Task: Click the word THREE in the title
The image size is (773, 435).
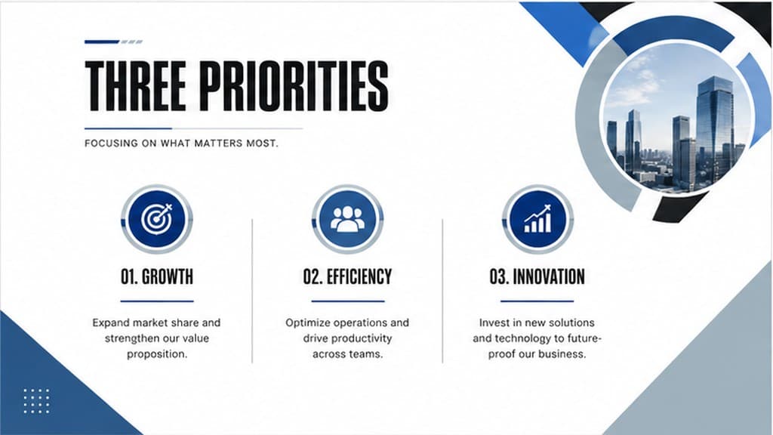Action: click(x=136, y=86)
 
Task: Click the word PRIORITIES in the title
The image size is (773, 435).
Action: click(x=294, y=86)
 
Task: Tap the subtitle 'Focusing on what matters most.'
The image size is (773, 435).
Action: click(x=181, y=143)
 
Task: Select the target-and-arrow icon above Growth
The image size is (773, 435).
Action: click(x=157, y=218)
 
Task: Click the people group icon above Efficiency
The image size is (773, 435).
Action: click(x=347, y=219)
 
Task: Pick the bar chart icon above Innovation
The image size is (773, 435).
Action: click(x=537, y=219)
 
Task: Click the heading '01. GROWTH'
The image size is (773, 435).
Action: click(x=157, y=276)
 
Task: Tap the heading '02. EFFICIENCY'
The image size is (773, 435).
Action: click(x=347, y=276)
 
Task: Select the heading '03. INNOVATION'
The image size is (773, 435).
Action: click(x=537, y=276)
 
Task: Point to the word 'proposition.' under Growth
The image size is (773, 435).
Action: click(x=157, y=354)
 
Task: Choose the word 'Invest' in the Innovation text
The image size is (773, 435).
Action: click(x=494, y=322)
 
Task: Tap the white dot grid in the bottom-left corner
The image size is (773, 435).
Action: click(x=36, y=401)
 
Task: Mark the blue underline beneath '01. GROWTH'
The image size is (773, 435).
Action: click(x=157, y=301)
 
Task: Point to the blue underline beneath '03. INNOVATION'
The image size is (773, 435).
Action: click(x=537, y=301)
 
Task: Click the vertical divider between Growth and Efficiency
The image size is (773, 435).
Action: click(x=252, y=291)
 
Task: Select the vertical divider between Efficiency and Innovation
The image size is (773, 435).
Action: click(x=442, y=291)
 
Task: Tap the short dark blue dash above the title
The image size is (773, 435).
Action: click(x=102, y=42)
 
